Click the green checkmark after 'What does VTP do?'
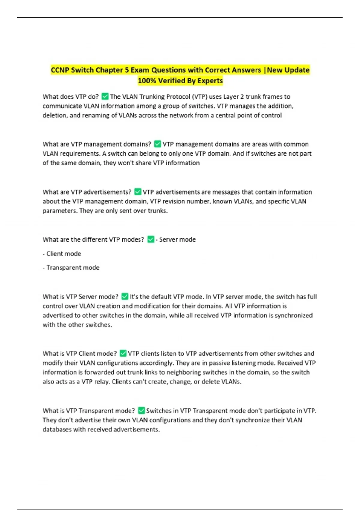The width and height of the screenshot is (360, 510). click(105, 96)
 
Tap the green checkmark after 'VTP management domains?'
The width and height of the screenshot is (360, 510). click(157, 144)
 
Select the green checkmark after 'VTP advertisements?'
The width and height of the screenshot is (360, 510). click(138, 192)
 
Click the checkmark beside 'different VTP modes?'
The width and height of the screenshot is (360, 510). click(151, 239)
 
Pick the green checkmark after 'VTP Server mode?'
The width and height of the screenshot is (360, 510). click(125, 296)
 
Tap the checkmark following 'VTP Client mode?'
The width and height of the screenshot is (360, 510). click(123, 353)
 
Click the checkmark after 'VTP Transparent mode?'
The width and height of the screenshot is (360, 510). click(141, 410)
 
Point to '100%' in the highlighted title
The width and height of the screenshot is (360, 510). click(147, 81)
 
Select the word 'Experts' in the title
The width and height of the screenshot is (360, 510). click(211, 81)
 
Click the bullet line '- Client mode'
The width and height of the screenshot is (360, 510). click(62, 253)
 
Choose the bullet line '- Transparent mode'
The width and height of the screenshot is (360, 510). click(71, 267)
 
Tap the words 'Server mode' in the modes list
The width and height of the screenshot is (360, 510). click(177, 239)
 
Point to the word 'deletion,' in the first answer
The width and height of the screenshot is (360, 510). click(55, 115)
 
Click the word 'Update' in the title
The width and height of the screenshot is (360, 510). click(297, 70)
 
